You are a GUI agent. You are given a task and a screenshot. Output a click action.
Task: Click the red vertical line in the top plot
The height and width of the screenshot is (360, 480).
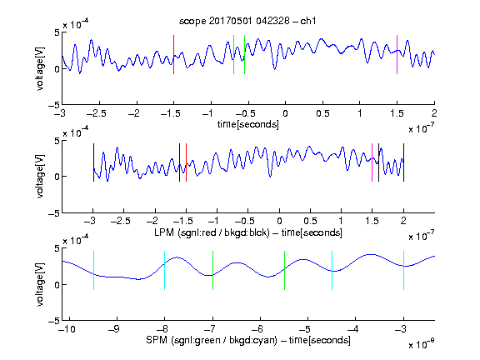(174, 54)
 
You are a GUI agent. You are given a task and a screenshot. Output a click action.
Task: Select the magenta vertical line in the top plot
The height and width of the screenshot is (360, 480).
(397, 54)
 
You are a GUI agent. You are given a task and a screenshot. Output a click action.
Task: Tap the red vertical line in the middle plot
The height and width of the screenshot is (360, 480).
(186, 162)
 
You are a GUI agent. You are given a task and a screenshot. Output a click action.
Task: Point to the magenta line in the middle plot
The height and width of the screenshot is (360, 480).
(372, 162)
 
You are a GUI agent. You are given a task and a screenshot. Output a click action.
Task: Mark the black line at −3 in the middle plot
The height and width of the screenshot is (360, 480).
(93, 162)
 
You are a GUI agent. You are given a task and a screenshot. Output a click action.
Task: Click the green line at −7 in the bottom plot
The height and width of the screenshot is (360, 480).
(212, 270)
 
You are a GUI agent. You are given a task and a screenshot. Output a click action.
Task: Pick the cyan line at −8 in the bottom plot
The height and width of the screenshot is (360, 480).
(165, 270)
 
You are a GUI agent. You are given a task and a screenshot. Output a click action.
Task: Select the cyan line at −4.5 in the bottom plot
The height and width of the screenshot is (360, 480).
(332, 270)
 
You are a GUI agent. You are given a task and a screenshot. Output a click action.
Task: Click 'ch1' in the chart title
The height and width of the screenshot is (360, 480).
(308, 21)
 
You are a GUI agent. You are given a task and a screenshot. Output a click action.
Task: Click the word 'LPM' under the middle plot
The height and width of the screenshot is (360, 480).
(164, 232)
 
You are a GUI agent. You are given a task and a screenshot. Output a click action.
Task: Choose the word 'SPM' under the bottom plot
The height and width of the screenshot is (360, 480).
(157, 340)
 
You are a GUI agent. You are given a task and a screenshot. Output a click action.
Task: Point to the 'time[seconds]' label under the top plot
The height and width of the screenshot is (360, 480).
(248, 124)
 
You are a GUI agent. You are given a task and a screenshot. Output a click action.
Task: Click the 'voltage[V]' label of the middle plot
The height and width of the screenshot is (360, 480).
(40, 177)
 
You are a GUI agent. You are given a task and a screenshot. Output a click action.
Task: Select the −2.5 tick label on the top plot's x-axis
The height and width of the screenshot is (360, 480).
(97, 113)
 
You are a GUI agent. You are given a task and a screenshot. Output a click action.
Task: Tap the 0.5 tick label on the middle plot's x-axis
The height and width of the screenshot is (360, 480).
(310, 221)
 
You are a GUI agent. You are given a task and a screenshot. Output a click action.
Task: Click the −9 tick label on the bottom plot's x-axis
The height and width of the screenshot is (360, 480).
(114, 329)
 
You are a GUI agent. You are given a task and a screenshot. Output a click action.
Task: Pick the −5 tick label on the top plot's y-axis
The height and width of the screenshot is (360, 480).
(54, 105)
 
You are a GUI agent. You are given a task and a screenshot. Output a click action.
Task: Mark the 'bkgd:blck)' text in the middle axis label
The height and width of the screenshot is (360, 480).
(247, 232)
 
